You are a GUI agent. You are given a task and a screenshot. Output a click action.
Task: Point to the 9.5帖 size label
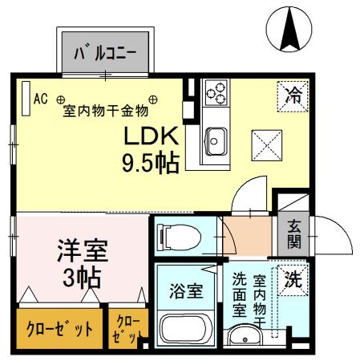149,163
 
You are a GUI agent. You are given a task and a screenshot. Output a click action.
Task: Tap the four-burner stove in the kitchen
216,94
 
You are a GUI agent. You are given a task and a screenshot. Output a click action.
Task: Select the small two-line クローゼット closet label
127,329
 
